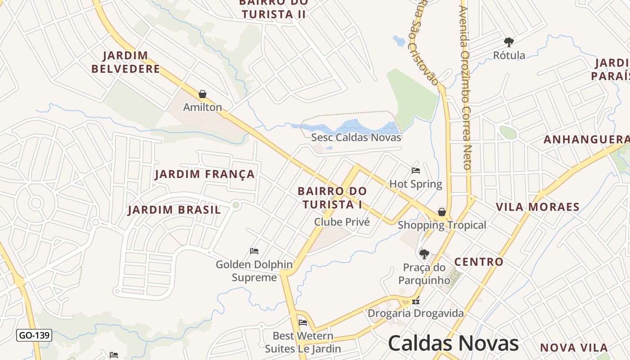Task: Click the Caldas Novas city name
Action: (x=453, y=343)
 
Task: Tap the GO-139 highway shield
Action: (x=34, y=335)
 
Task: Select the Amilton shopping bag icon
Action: (x=202, y=94)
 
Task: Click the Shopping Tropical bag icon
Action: (x=442, y=212)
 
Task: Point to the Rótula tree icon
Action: (x=509, y=42)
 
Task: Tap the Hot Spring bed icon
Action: (x=416, y=171)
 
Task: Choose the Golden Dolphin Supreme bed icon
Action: (x=254, y=251)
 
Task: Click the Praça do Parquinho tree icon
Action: (x=424, y=254)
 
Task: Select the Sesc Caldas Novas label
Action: (x=356, y=137)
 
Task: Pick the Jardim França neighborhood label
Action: (x=205, y=174)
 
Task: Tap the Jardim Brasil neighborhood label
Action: (x=175, y=210)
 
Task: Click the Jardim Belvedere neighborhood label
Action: (x=126, y=62)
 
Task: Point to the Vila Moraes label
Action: (x=537, y=207)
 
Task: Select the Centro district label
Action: (x=479, y=261)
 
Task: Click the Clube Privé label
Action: (x=342, y=222)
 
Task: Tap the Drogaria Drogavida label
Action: (x=416, y=313)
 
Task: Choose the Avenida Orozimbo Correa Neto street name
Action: (x=465, y=88)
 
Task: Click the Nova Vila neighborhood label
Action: (x=574, y=347)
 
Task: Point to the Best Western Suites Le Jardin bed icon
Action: (x=303, y=323)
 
